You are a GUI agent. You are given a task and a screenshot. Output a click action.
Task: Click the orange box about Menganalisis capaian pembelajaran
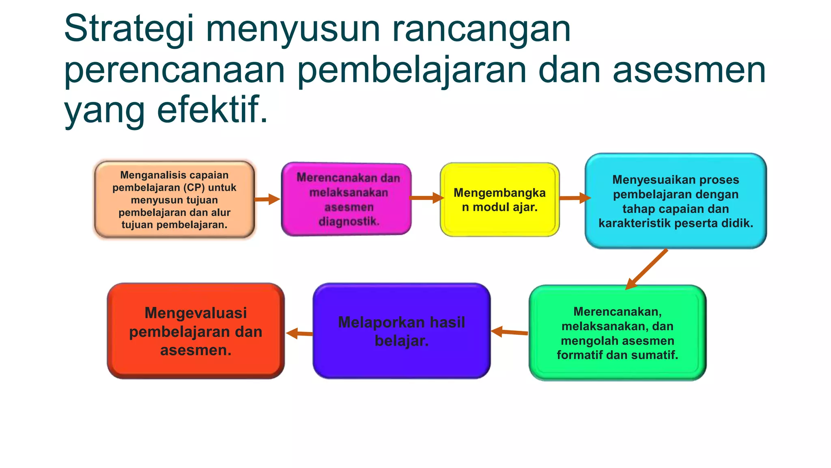point(174,199)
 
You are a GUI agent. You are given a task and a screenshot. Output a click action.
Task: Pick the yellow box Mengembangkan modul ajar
point(499,199)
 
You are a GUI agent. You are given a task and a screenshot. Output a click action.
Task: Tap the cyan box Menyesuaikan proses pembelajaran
point(676,201)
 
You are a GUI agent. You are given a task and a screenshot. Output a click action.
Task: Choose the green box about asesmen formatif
point(617,333)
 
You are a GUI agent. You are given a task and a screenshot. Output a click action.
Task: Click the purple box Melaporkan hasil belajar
point(401,331)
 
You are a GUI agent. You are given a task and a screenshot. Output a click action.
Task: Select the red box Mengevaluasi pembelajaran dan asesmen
point(196,331)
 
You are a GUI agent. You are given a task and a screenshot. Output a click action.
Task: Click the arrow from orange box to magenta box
point(267,199)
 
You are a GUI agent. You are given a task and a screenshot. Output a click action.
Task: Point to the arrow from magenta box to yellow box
point(426,198)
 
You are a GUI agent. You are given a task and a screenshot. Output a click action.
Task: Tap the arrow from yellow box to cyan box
point(575,198)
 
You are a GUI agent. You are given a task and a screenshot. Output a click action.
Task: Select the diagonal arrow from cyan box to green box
point(647,269)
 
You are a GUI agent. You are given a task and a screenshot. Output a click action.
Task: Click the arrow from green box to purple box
point(510,332)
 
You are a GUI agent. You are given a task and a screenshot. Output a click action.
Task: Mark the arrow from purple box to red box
point(299,334)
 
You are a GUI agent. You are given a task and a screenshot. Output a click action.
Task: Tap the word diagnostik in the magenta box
point(349,222)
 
